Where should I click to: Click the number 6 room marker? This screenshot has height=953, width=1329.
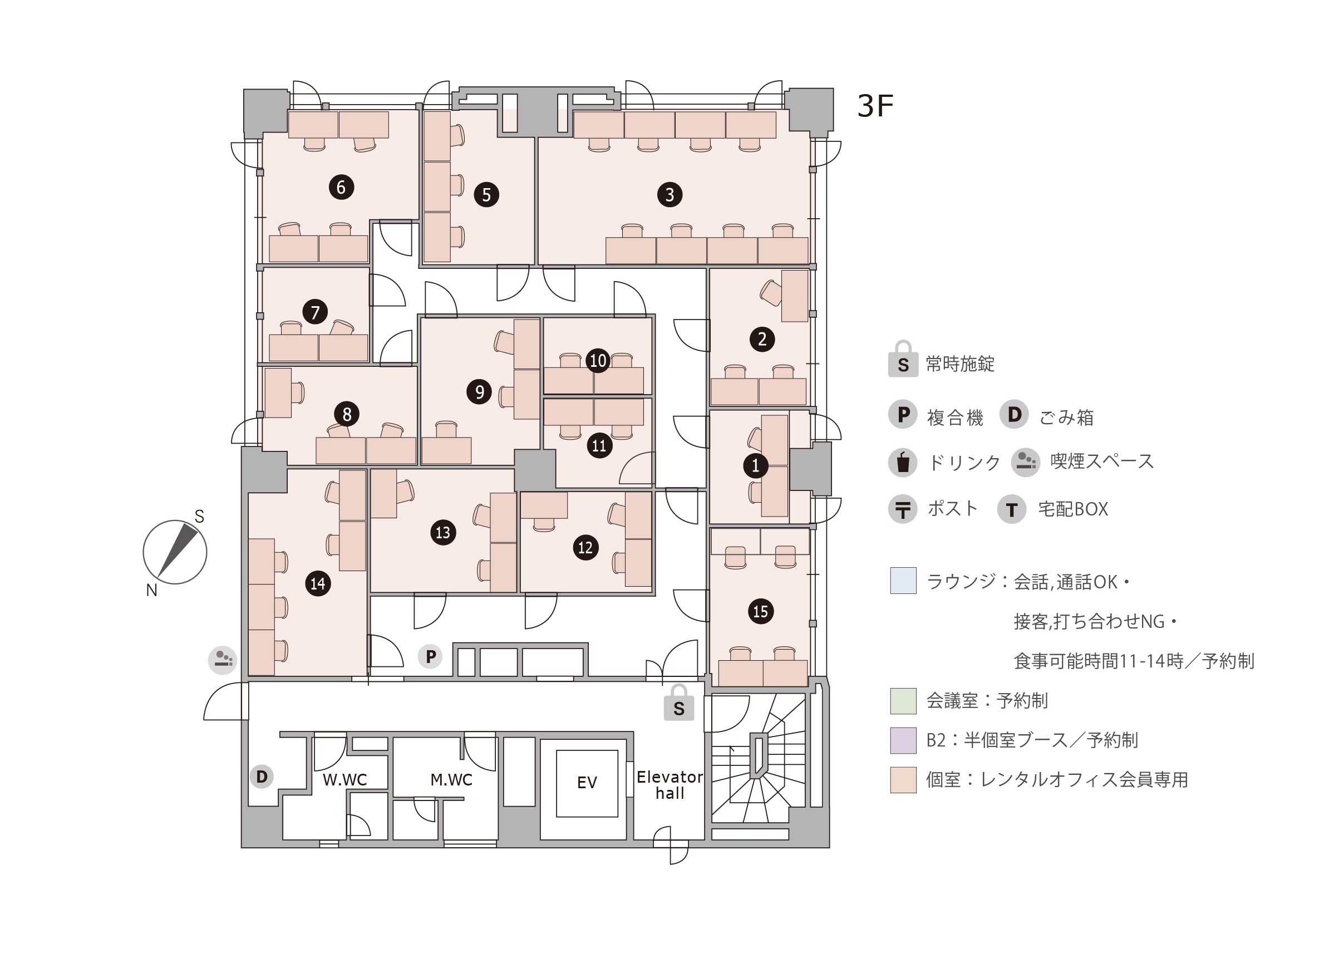click(x=341, y=187)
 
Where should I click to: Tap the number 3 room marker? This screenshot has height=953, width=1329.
click(x=669, y=195)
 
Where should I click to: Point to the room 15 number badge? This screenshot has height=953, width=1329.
click(x=760, y=611)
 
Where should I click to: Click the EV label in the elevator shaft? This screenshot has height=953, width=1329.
click(x=587, y=783)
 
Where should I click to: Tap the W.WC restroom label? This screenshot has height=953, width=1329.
click(x=344, y=779)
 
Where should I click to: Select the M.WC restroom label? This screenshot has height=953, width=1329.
click(x=451, y=779)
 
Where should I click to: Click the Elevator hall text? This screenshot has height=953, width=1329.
click(x=669, y=785)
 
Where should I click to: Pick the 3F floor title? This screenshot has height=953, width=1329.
click(x=875, y=106)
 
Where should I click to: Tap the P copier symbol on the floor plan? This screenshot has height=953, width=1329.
click(x=431, y=656)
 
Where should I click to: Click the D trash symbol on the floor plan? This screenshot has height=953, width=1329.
click(x=262, y=777)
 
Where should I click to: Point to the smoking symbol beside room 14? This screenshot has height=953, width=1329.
click(x=223, y=660)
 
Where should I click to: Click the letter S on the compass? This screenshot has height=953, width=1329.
click(x=199, y=517)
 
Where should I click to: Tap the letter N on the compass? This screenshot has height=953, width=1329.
click(x=151, y=590)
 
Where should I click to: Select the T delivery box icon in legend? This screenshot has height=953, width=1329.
click(x=1011, y=509)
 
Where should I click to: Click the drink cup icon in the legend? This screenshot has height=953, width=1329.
click(x=903, y=462)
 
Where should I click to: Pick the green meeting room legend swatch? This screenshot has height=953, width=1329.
click(x=903, y=701)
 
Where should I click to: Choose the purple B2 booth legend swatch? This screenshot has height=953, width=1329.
click(x=903, y=740)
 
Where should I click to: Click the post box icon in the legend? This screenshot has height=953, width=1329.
click(x=903, y=509)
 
